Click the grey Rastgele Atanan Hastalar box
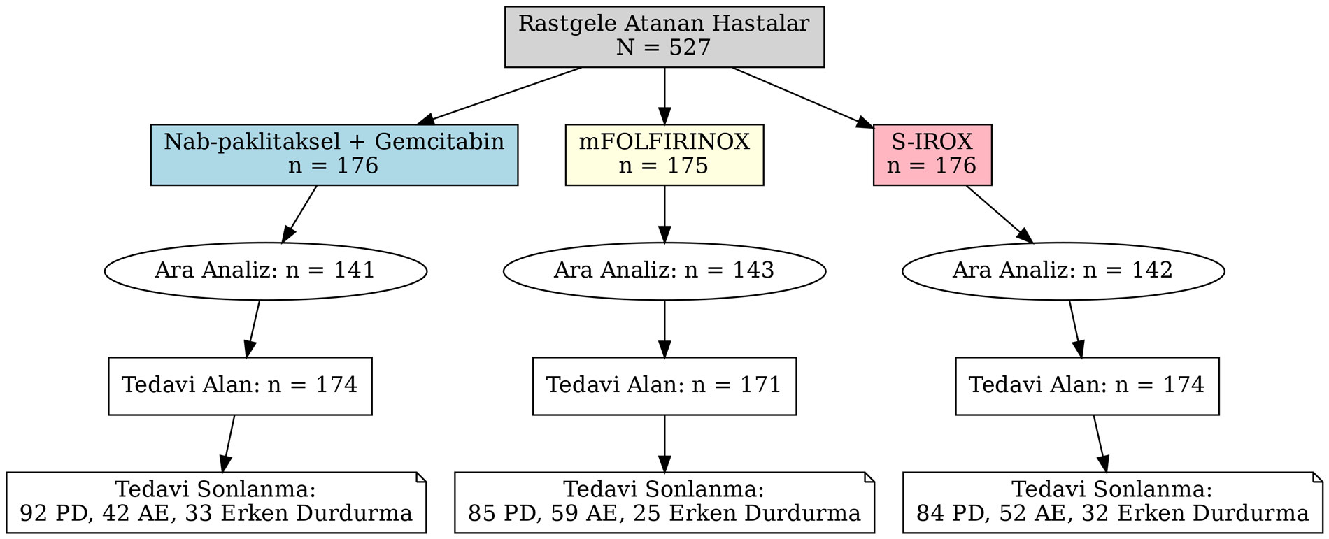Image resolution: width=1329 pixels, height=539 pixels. tap(664, 36)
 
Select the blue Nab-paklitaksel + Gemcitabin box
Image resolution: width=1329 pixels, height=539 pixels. tap(334, 154)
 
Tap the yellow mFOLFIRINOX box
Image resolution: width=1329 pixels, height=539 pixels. tap(664, 154)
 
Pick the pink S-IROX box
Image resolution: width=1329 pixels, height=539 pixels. tap(932, 154)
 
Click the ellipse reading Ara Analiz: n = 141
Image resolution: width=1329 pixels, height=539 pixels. tap(265, 271)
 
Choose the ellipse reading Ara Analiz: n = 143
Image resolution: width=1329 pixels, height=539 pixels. tap(664, 271)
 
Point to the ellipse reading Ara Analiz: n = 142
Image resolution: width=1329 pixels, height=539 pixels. tap(1063, 271)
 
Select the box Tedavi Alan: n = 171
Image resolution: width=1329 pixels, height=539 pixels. tap(664, 385)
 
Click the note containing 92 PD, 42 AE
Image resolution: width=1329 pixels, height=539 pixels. tap(215, 502)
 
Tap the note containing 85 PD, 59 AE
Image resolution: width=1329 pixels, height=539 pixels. tap(664, 502)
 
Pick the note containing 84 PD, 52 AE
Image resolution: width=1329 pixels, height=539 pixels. tap(1112, 502)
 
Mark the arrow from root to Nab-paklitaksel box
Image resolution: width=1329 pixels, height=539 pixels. tap(504, 94)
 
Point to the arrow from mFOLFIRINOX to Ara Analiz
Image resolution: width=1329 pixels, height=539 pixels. tap(664, 214)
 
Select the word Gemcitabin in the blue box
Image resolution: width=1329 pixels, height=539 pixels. tap(439, 142)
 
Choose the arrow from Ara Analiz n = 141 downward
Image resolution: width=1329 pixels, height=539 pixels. tap(253, 328)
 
